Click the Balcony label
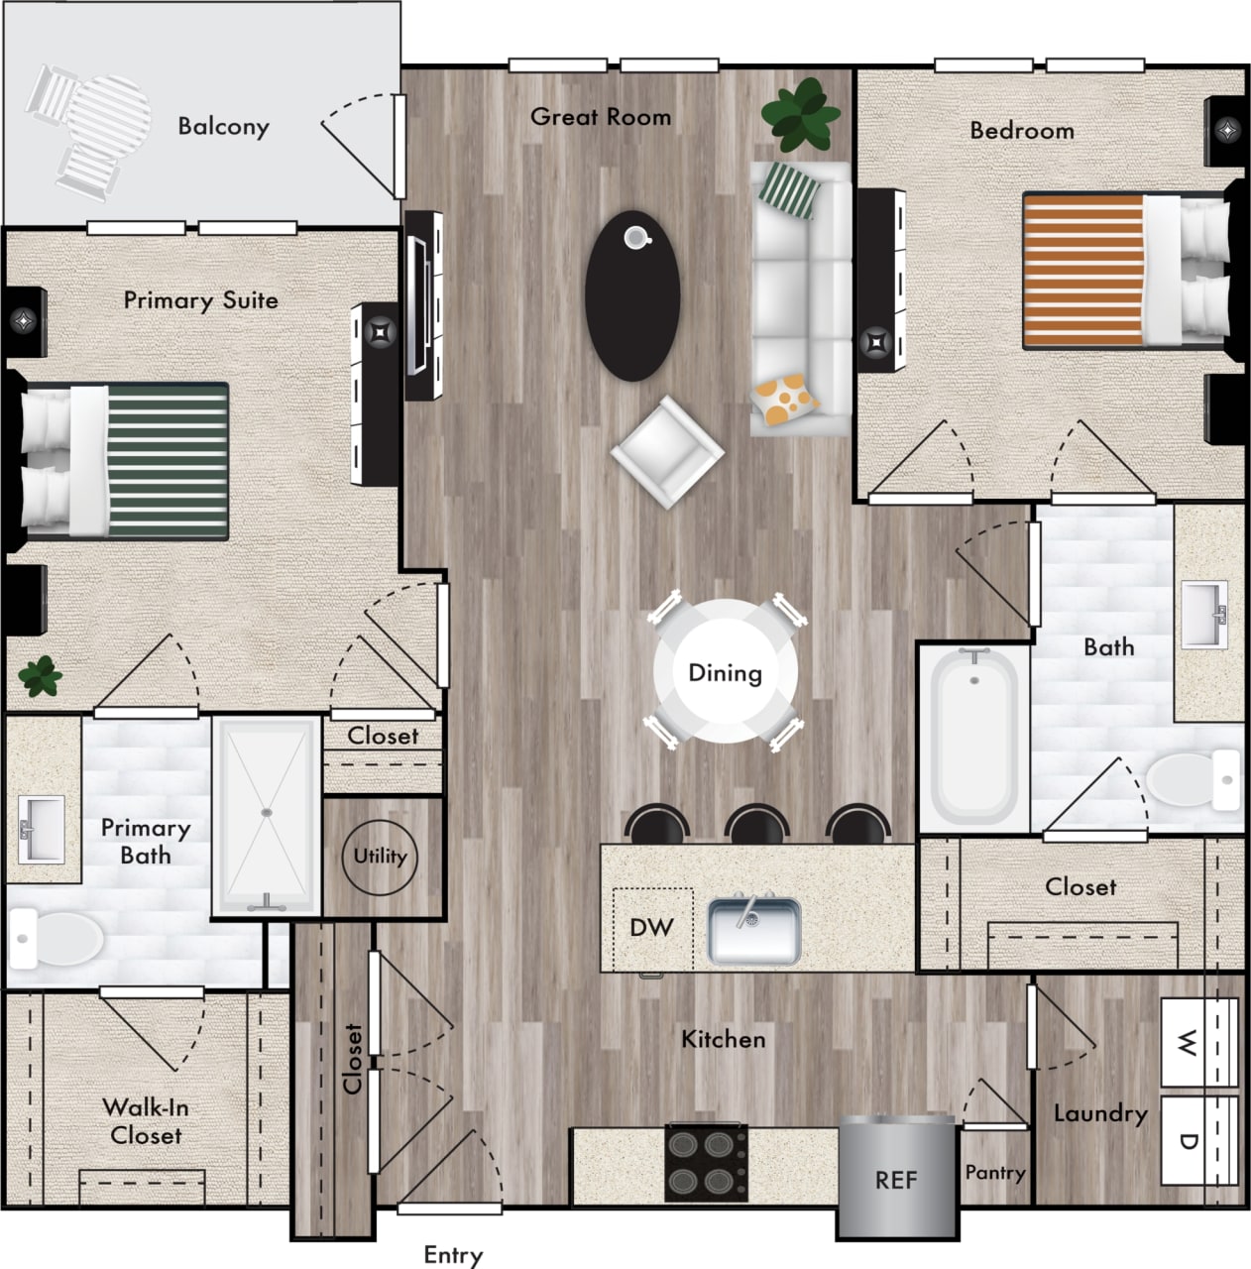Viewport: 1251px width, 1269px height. coord(223,126)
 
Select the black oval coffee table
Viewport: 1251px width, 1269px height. coord(632,295)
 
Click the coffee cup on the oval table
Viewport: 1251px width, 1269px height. coord(636,237)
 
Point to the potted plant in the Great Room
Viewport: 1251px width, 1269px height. coord(798,113)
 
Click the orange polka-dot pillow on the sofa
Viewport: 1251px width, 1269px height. coord(785,397)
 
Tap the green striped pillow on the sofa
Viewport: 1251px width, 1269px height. coord(792,188)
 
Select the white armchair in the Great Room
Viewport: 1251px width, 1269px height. coord(666,451)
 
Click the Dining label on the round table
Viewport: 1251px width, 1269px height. coord(726,673)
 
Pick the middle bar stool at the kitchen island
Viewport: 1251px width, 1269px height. coord(756,824)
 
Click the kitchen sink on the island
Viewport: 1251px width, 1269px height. coord(753,930)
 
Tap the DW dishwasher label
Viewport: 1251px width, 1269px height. coord(651,928)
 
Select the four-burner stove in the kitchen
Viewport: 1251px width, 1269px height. coord(707,1163)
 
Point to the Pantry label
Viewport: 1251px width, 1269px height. coord(995,1173)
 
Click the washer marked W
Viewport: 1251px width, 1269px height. coord(1198,1043)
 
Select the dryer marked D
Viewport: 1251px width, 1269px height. coord(1198,1140)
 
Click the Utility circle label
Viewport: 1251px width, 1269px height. coord(381,856)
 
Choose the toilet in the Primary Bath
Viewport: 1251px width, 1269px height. coord(57,938)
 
